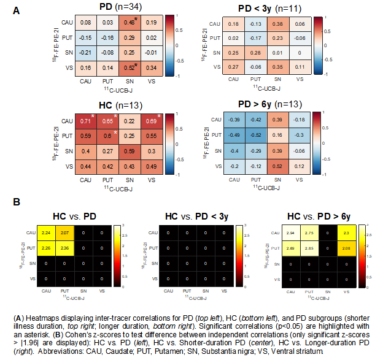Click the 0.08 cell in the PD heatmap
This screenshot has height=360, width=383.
coord(86,23)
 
